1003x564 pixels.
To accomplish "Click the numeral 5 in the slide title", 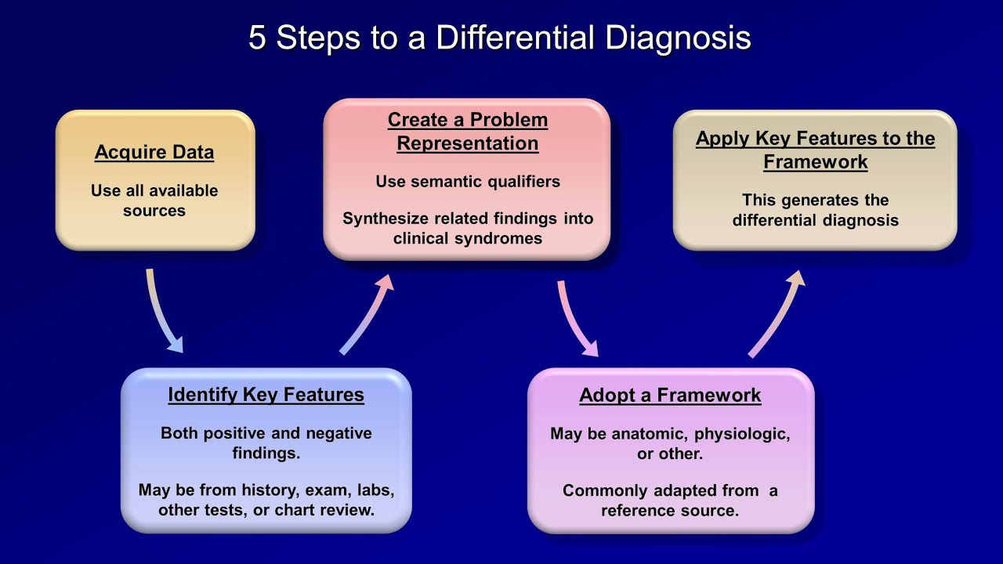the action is click(x=257, y=37).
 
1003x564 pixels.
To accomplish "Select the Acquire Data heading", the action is click(x=154, y=153).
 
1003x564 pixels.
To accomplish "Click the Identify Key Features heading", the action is click(x=266, y=396).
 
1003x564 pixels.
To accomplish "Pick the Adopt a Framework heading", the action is click(x=670, y=396).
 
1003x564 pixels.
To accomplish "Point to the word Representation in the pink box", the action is click(x=468, y=143).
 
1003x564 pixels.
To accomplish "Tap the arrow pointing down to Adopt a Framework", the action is click(x=577, y=319).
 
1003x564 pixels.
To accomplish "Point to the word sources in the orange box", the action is click(x=154, y=211).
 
